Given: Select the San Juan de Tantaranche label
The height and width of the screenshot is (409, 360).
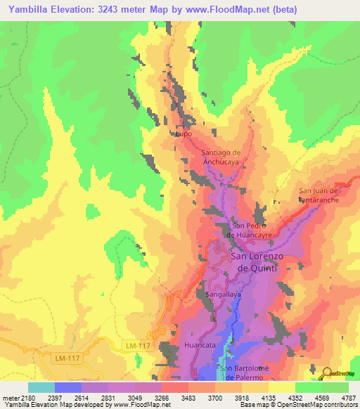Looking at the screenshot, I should (319, 195).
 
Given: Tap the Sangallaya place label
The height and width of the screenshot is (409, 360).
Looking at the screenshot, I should (223, 294).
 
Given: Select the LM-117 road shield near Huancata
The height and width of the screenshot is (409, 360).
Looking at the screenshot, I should (139, 346).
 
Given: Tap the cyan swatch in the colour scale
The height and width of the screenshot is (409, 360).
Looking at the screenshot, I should (41, 387).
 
